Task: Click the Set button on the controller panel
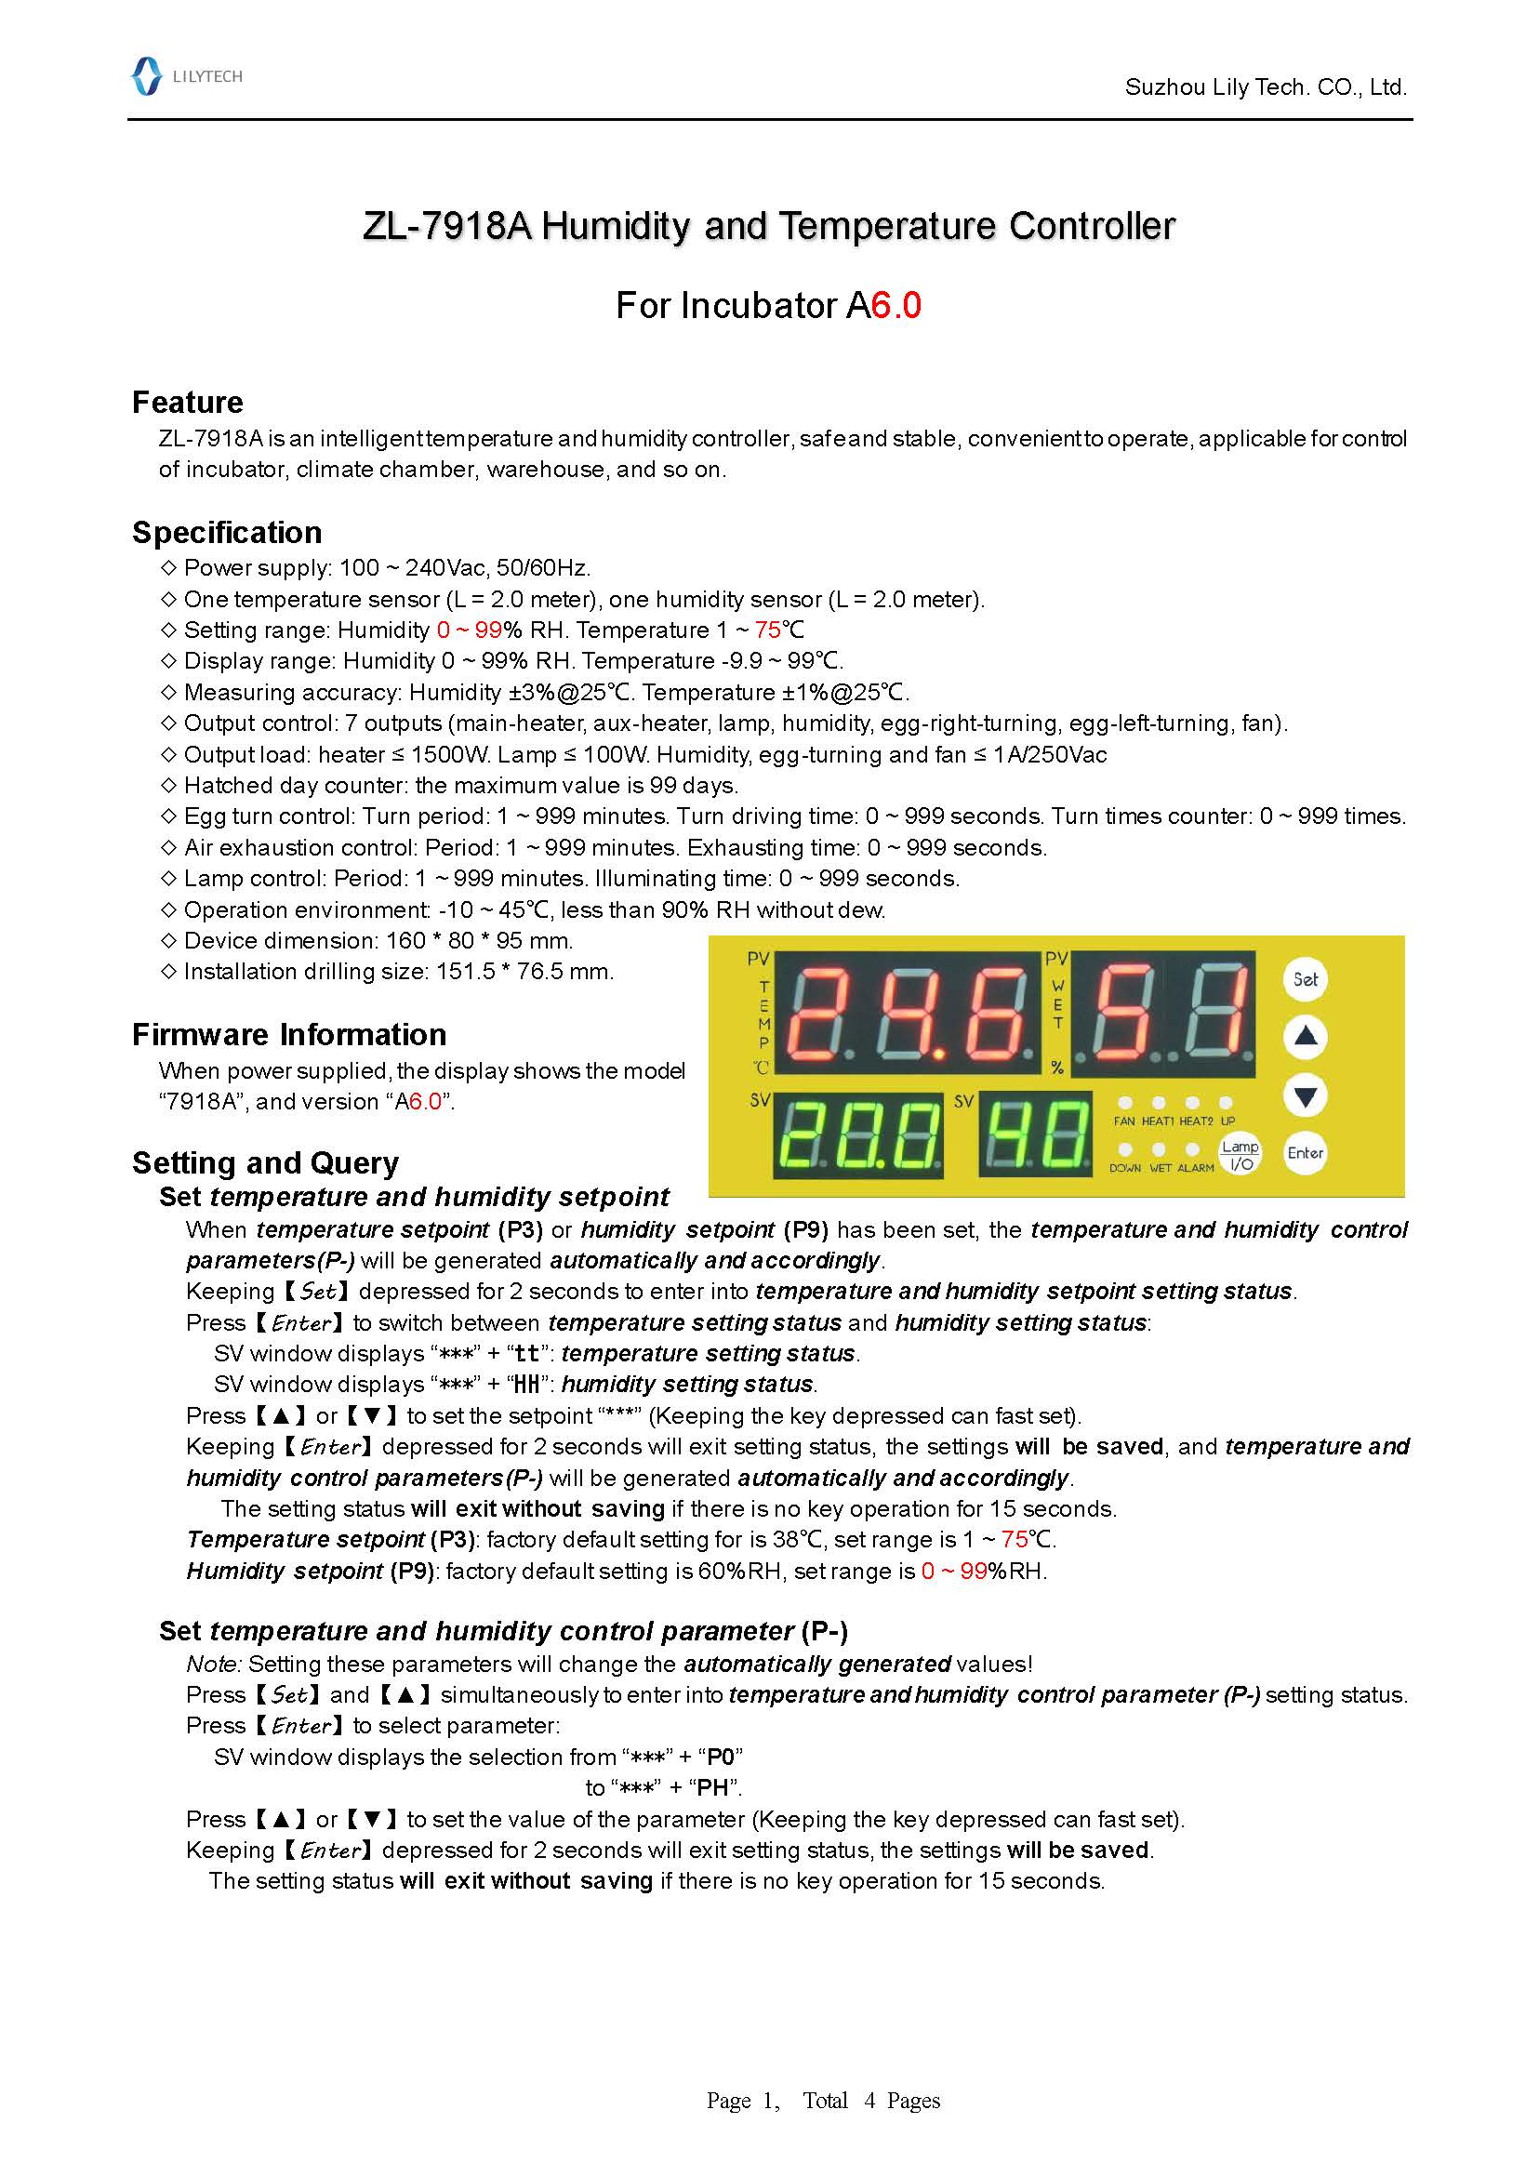pos(1305,979)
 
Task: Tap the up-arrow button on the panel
pos(1305,1036)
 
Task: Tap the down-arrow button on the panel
pos(1305,1096)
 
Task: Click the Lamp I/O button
pos(1240,1154)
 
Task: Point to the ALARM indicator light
pos(1193,1149)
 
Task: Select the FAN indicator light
pos(1125,1102)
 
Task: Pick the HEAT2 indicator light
pos(1193,1102)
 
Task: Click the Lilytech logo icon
pos(146,76)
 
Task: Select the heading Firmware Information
pos(289,1034)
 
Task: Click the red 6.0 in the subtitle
pos(896,305)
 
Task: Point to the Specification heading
pos(227,533)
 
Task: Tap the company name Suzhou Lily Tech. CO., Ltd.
pos(1265,87)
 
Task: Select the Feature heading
pos(188,402)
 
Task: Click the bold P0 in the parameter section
pos(721,1757)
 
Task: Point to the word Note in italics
pos(213,1664)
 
